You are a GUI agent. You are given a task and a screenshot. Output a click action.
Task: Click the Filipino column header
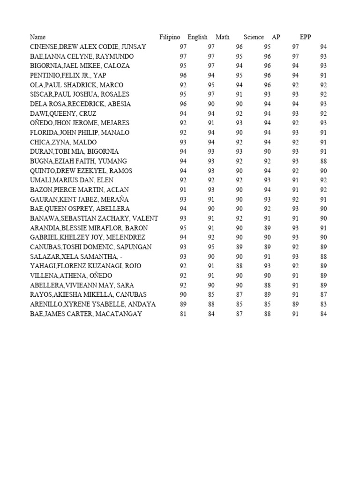[170, 37]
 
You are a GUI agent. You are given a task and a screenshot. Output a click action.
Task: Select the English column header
[197, 37]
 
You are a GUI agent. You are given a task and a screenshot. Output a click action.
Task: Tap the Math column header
[223, 37]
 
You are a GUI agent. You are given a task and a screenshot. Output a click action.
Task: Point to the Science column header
[254, 37]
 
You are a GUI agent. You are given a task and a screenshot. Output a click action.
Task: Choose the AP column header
[276, 37]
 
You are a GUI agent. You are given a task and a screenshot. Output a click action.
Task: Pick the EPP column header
[306, 37]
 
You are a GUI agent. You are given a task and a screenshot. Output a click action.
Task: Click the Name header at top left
[38, 37]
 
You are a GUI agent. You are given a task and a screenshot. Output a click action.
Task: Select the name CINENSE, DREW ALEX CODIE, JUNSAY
[88, 47]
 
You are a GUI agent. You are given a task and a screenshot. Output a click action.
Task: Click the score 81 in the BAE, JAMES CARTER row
[183, 314]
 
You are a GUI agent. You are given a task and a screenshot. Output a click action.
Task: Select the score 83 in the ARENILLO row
[323, 304]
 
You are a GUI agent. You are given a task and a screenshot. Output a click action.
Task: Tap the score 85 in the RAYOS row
[211, 295]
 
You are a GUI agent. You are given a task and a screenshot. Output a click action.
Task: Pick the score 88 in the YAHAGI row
[239, 266]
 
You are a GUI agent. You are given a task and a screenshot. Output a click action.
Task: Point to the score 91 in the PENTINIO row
[323, 75]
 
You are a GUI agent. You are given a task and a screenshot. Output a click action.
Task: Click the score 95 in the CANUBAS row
[211, 247]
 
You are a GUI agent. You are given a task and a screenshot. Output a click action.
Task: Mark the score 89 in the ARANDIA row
[267, 228]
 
